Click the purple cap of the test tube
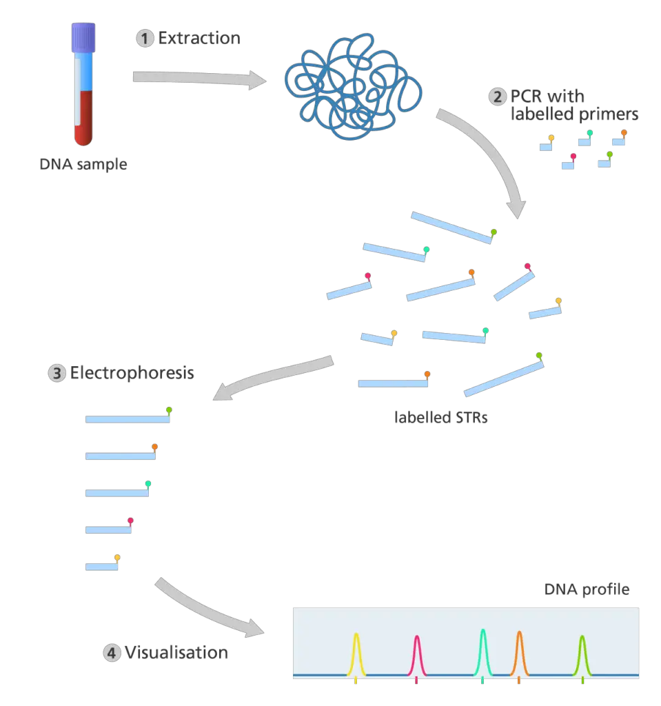83,35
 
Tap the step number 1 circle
145,38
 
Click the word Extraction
199,38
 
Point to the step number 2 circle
498,97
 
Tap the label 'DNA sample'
83,165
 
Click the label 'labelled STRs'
440,417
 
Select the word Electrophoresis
132,374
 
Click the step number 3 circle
57,374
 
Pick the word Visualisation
176,652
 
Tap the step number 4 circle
111,652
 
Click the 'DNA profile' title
587,589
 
